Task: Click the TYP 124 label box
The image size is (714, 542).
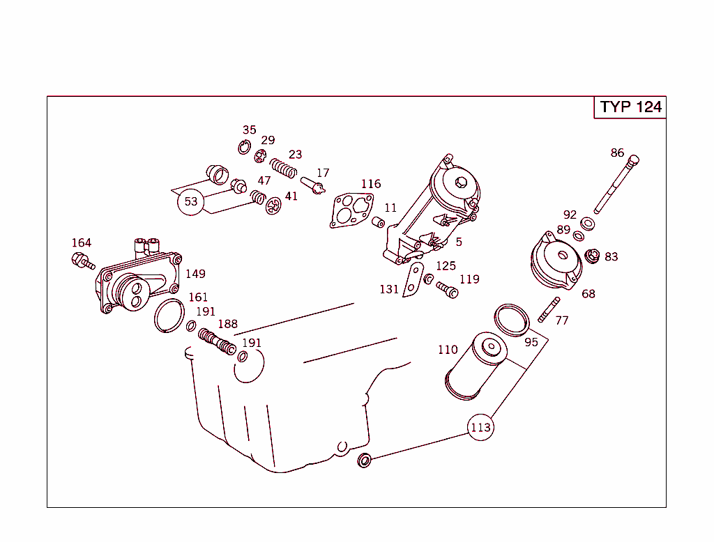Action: tap(630, 107)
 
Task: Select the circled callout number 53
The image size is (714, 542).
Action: tap(190, 202)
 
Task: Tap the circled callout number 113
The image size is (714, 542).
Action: tap(480, 427)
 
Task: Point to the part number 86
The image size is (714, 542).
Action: tap(617, 153)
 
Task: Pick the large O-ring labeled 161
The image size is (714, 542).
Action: tap(169, 316)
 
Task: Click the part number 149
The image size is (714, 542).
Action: tap(195, 274)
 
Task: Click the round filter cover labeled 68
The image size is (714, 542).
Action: tap(557, 263)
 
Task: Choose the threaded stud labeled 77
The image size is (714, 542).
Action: tap(549, 310)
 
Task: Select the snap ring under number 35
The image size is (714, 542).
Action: tap(244, 147)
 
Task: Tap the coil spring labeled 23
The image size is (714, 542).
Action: tap(284, 168)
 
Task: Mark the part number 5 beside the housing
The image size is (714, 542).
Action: tap(459, 242)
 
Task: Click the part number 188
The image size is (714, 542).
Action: tap(227, 324)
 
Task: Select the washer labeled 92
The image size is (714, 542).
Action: tap(587, 224)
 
